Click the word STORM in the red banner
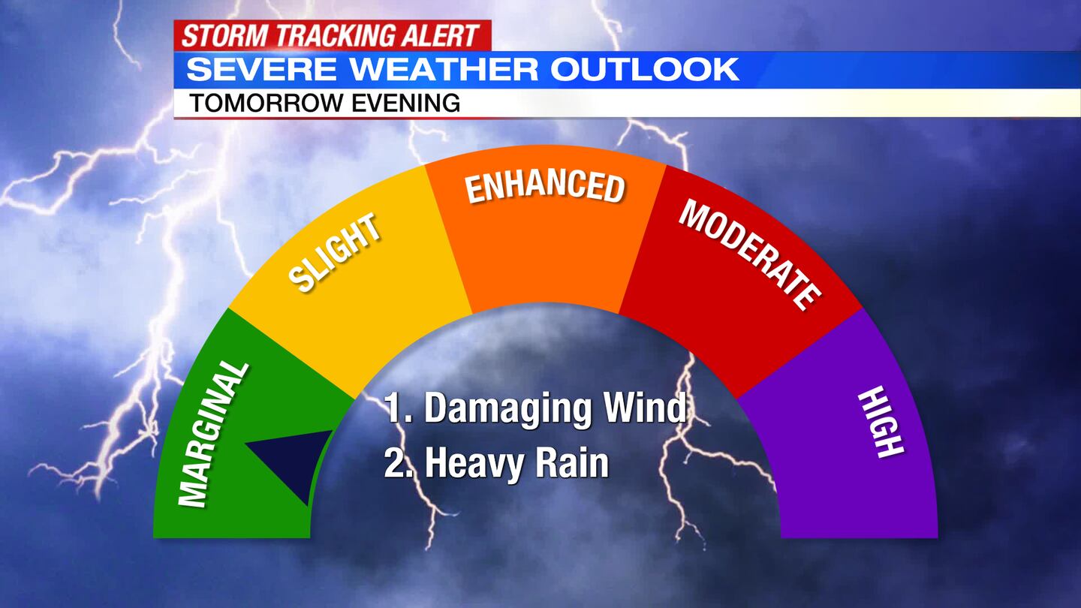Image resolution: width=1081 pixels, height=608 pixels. point(224,36)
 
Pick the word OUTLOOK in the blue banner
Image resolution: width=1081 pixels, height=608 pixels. point(645,70)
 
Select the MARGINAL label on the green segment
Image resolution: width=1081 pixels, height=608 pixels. point(212,435)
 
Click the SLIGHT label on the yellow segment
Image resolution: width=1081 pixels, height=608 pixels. point(334,252)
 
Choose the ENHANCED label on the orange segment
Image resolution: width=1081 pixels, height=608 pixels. point(545,187)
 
